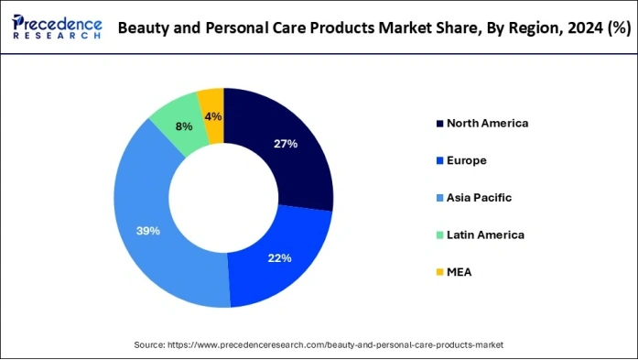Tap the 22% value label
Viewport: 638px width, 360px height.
click(279, 258)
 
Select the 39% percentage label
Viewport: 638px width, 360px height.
click(147, 231)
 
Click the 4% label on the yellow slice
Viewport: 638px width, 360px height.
click(212, 116)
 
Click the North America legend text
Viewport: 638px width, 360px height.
click(487, 123)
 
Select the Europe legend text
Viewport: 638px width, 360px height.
click(466, 160)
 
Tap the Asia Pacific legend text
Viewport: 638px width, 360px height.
click(479, 198)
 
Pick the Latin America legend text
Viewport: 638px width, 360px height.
click(485, 235)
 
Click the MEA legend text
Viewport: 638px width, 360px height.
click(460, 272)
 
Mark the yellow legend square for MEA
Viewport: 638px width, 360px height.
click(439, 273)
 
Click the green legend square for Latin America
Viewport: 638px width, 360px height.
click(439, 235)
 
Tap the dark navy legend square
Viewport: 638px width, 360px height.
click(439, 124)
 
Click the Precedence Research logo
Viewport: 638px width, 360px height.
click(57, 26)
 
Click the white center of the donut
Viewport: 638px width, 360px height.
click(223, 197)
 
